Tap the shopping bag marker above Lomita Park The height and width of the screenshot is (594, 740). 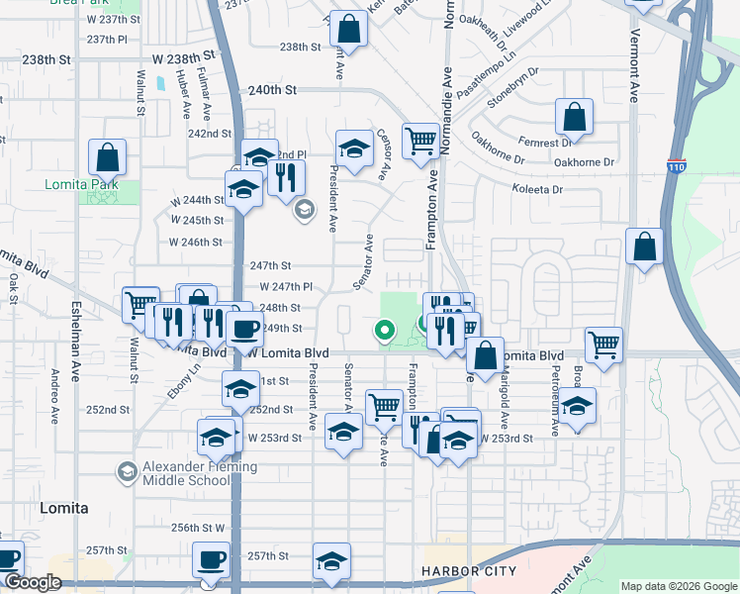(107, 156)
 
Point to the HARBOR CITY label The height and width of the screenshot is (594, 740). (468, 572)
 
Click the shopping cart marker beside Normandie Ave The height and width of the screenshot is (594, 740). (420, 140)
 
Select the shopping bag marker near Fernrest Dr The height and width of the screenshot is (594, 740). (574, 117)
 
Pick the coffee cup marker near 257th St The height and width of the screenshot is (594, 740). (210, 560)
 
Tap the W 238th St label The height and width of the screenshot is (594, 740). (183, 58)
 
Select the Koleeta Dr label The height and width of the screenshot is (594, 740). (536, 189)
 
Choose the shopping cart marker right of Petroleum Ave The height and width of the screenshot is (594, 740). (603, 345)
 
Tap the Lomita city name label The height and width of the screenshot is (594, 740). (63, 508)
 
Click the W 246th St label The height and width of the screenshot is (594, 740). (195, 242)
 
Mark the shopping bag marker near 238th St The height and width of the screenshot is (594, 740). (347, 29)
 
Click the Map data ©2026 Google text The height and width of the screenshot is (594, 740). (678, 586)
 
